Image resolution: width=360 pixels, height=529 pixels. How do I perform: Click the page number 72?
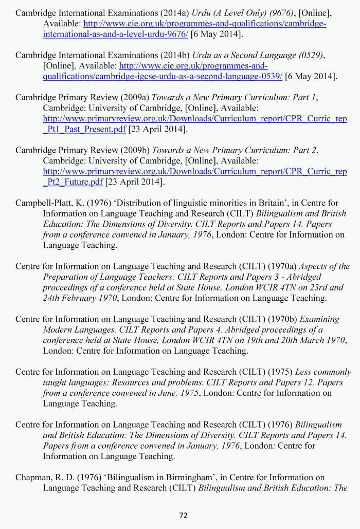tap(183, 515)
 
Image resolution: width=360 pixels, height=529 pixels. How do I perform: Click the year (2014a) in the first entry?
tap(174, 13)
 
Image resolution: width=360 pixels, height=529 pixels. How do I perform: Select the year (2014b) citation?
tap(174, 55)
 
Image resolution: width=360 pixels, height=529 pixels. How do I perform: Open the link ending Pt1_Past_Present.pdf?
tap(84, 129)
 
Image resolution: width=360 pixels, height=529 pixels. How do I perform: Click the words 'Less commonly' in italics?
tap(323, 372)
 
